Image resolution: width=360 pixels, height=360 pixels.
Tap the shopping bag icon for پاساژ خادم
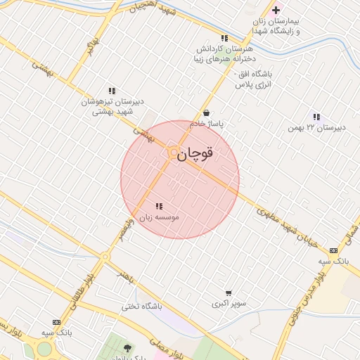[206, 112]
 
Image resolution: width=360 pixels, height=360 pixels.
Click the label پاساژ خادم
[205, 124]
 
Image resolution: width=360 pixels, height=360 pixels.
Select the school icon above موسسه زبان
[159, 207]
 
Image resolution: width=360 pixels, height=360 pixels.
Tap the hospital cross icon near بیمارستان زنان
[276, 10]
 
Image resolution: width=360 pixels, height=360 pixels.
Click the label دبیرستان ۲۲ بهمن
[318, 128]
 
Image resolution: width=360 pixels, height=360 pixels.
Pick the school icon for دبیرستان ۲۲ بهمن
[317, 117]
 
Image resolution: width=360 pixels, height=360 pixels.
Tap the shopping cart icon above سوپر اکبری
[229, 293]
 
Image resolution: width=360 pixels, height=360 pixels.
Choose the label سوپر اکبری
[229, 304]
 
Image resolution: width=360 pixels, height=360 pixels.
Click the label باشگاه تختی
[141, 307]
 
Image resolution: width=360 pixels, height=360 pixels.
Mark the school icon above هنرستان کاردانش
[224, 38]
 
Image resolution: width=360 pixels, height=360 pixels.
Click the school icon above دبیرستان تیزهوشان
[112, 91]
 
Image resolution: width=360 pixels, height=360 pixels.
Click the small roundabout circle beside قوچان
[172, 152]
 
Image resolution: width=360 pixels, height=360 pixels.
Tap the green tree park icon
[127, 348]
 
